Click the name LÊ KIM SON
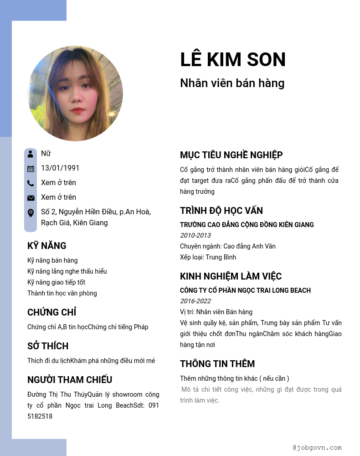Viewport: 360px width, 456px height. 233,60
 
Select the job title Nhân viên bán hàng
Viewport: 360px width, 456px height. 232,83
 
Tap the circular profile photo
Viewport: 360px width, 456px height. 75,93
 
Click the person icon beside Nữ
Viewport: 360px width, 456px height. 31,154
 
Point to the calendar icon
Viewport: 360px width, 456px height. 31,168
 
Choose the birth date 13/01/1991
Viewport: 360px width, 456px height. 60,168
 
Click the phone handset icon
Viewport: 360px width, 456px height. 31,183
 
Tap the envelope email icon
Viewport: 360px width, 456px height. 31,197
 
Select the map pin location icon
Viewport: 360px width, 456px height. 31,212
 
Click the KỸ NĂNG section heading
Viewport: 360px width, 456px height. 47,246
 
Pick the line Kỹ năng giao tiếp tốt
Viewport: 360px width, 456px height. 56,282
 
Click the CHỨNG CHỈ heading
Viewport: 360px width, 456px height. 51,312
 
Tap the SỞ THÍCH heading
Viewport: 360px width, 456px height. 48,346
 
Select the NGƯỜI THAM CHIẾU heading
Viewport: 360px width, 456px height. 70,380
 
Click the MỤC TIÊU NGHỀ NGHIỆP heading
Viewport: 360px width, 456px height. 231,155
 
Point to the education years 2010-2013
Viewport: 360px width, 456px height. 195,235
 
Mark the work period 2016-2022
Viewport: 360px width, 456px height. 195,301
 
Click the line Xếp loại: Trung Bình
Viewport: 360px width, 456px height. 208,257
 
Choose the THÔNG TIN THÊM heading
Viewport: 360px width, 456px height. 217,364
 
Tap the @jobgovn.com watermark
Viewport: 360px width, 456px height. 317,447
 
